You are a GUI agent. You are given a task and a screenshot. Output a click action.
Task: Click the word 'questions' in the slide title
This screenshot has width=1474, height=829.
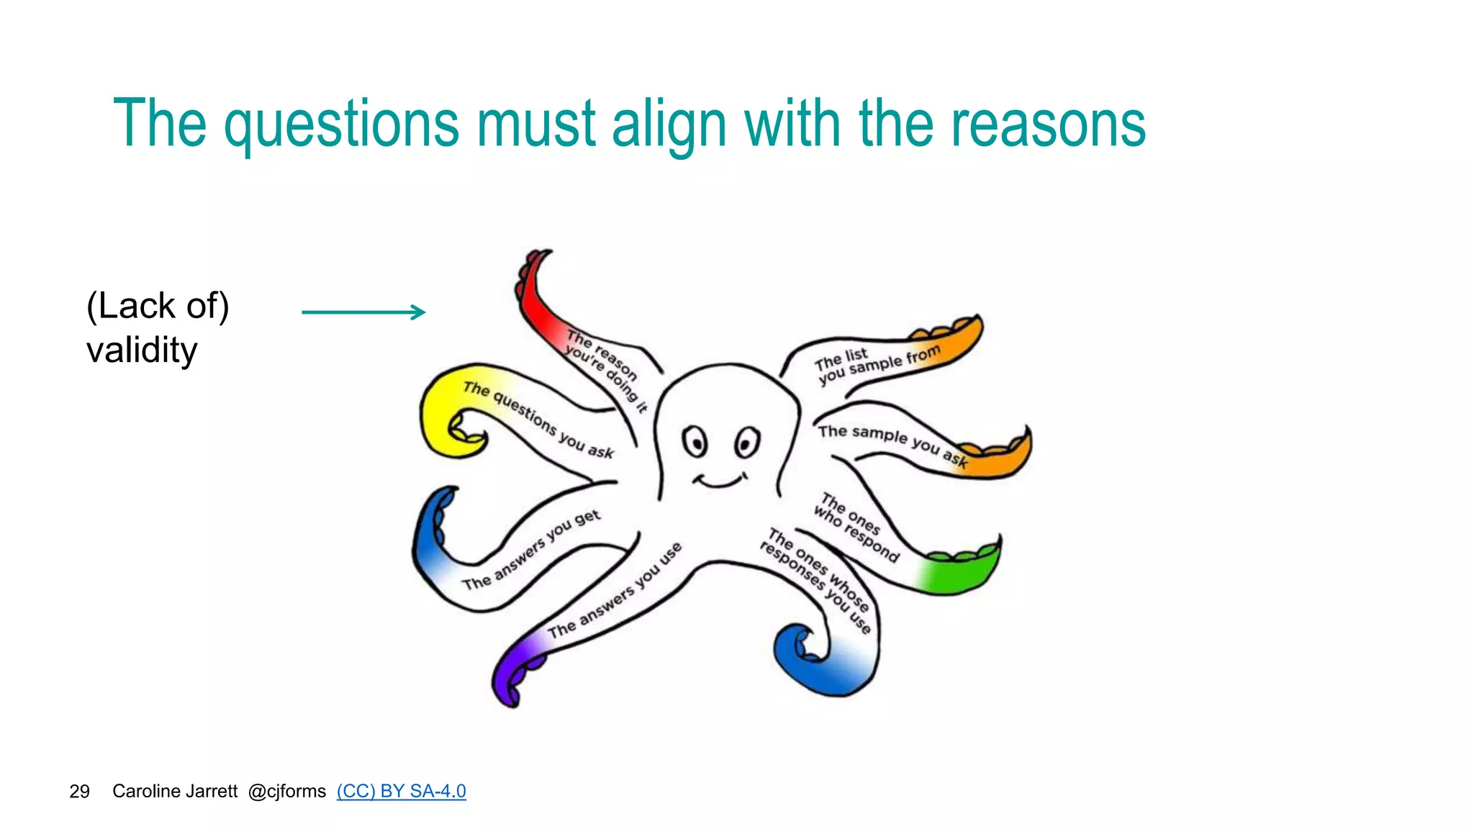(341, 125)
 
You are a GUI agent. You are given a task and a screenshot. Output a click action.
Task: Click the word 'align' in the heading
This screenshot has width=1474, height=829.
(669, 125)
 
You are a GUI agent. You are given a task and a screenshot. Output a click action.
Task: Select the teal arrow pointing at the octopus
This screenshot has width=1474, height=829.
(363, 312)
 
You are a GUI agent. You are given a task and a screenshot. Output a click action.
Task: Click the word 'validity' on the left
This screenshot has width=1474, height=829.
(142, 350)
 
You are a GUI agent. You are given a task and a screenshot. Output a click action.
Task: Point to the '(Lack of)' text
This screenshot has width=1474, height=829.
(158, 306)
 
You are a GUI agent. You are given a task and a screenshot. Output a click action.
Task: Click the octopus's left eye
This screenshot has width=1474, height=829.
(695, 440)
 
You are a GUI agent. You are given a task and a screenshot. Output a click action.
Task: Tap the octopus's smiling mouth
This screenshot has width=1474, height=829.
(719, 480)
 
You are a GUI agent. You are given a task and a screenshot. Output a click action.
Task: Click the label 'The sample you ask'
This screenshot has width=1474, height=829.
(892, 443)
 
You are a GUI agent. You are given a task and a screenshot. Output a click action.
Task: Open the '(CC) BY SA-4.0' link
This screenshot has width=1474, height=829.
(401, 791)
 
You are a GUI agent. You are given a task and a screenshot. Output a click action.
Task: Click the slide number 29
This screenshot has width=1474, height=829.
(79, 792)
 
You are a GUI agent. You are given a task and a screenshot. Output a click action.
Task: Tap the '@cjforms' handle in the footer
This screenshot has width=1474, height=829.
(286, 791)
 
